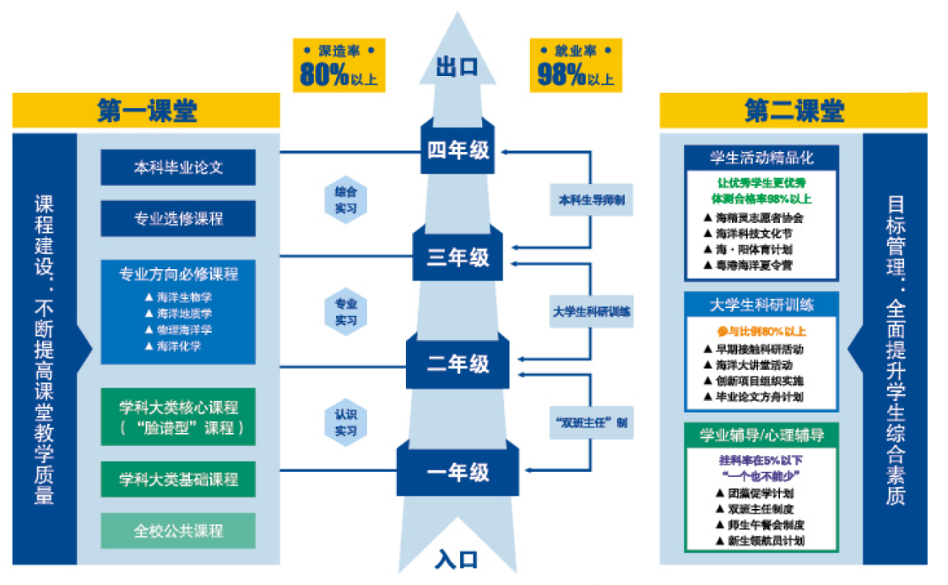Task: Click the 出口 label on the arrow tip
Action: pyautogui.click(x=457, y=68)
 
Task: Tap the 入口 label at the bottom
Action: pyautogui.click(x=457, y=559)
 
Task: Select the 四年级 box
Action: pyautogui.click(x=458, y=151)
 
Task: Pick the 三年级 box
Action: pyautogui.click(x=458, y=257)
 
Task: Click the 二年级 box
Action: pyautogui.click(x=458, y=364)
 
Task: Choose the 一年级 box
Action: pyautogui.click(x=458, y=472)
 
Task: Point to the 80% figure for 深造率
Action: pyautogui.click(x=325, y=76)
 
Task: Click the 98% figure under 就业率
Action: pyautogui.click(x=562, y=76)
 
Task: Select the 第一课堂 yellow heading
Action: pyautogui.click(x=146, y=111)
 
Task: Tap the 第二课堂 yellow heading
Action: pyautogui.click(x=794, y=111)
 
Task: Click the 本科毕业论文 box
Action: pyautogui.click(x=178, y=167)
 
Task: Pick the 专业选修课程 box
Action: pyautogui.click(x=178, y=219)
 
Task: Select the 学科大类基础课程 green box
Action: pyautogui.click(x=178, y=479)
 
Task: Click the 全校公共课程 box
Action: pyautogui.click(x=178, y=531)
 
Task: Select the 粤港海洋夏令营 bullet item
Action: pyautogui.click(x=753, y=265)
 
